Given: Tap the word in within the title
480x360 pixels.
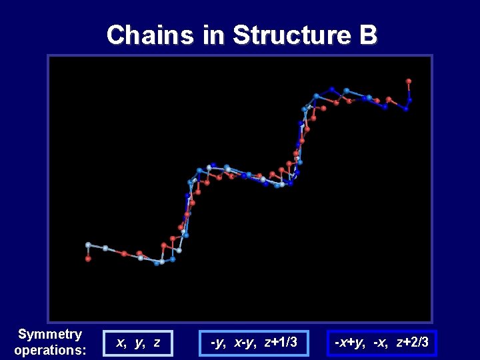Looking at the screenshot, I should click(214, 35).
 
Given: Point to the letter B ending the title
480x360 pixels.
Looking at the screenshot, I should click(368, 35).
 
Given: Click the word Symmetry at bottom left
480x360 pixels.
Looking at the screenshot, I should click(50, 334).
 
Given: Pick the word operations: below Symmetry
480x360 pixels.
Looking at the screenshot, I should click(50, 350).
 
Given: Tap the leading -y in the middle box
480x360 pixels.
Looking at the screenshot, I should click(217, 343).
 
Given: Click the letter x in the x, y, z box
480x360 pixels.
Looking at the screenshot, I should click(121, 343).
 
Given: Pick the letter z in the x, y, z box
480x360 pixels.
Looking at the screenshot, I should click(156, 343).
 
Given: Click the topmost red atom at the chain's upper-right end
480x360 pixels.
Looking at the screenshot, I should click(409, 81).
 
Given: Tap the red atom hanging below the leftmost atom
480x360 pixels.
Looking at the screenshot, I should click(88, 259).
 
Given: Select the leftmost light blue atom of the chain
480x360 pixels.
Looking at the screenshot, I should click(88, 245).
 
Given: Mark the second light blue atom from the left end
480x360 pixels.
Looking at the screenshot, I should click(105, 248).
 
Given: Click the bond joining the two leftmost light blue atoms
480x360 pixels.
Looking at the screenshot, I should click(97, 247).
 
